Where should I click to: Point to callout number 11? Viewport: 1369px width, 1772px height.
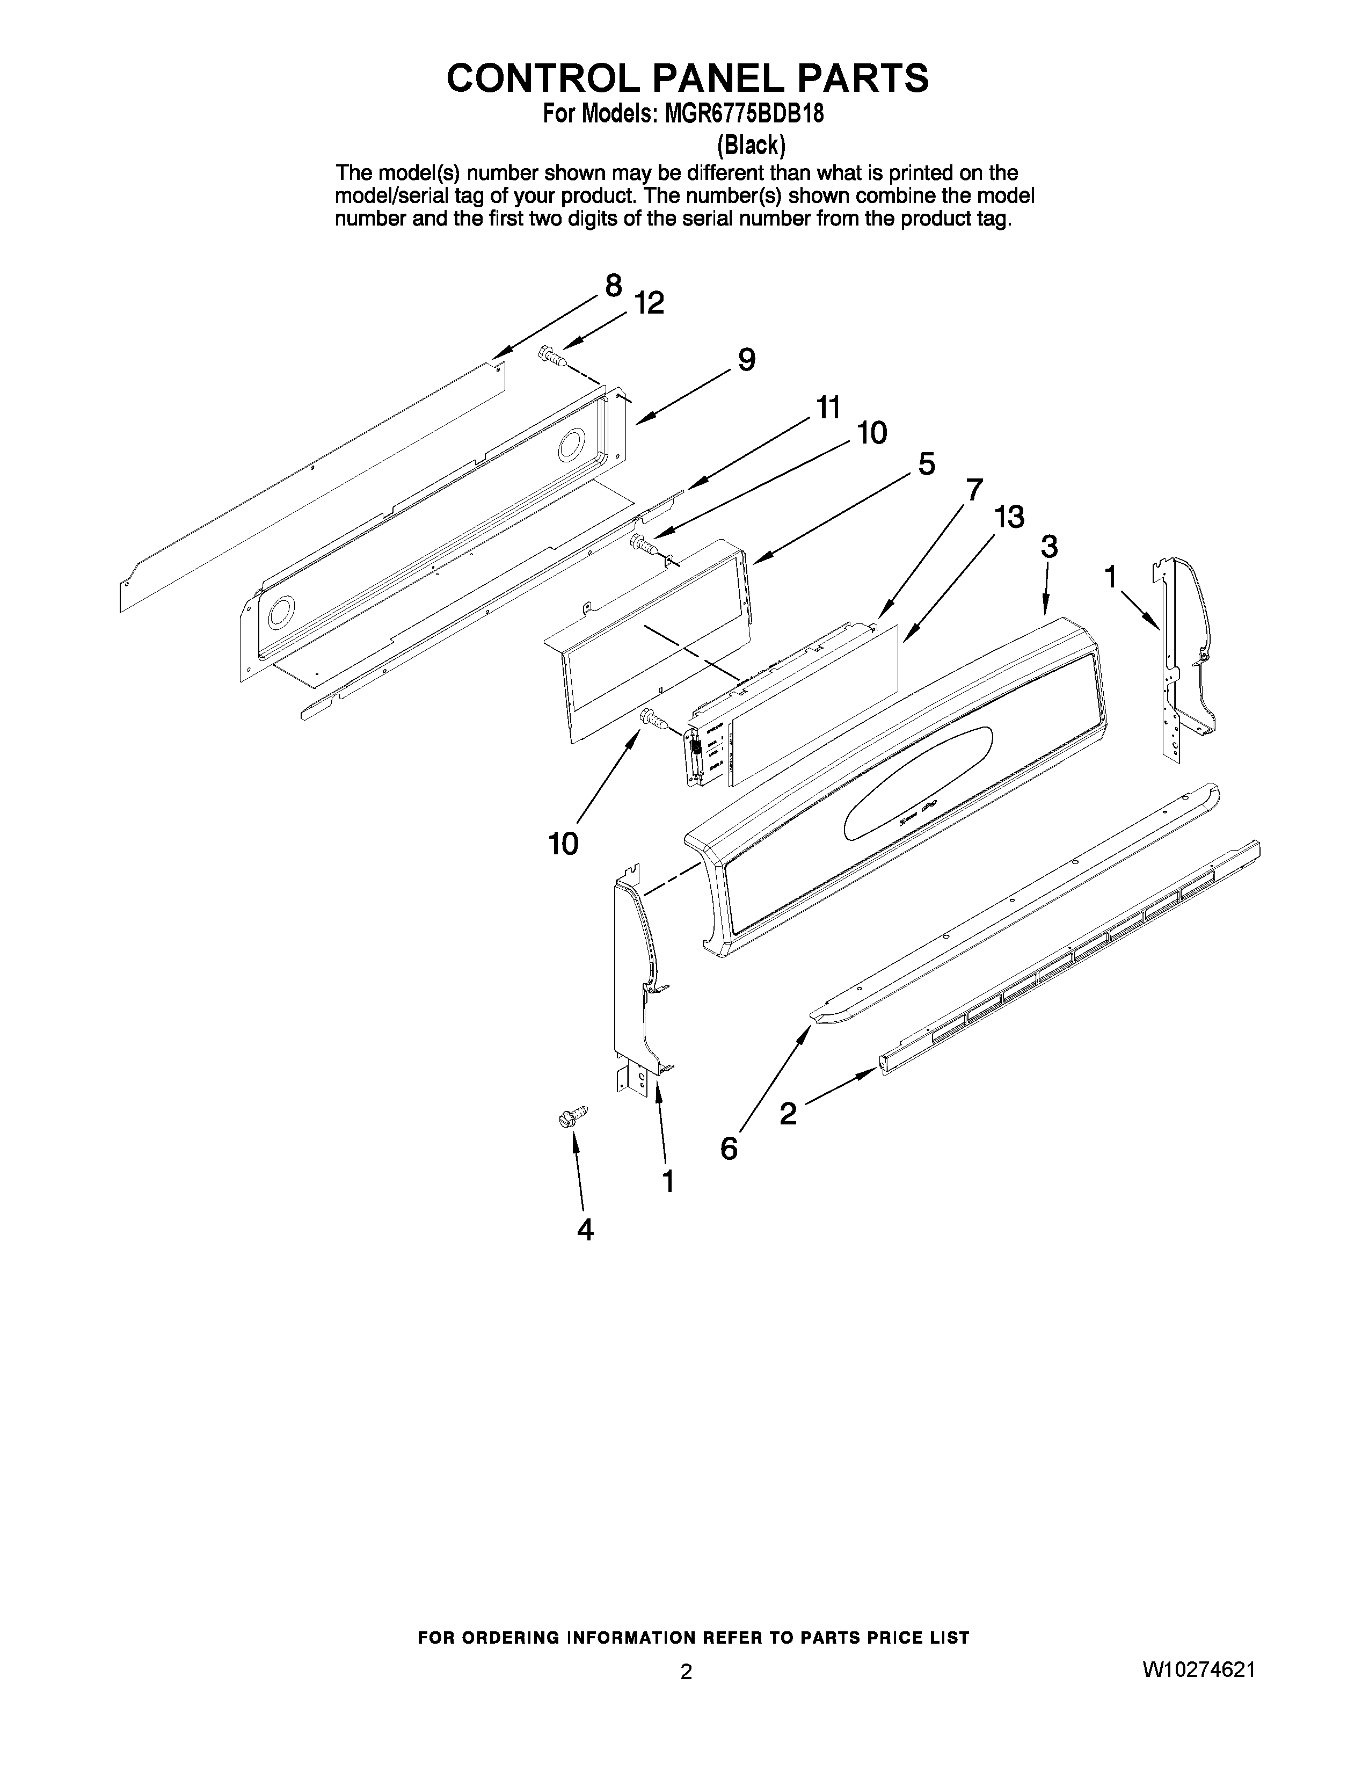pos(828,408)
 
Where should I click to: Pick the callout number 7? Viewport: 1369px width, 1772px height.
pos(974,490)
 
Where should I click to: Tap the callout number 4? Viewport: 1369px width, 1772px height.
pos(585,1230)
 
